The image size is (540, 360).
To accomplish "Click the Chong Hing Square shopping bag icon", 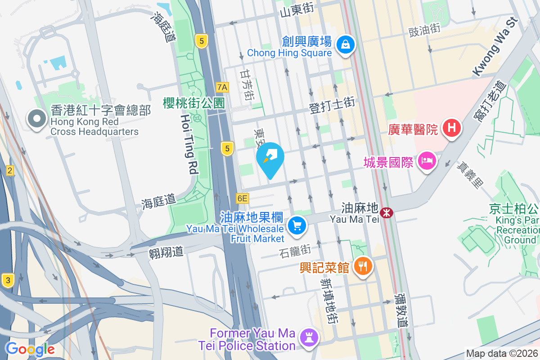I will pos(345,45).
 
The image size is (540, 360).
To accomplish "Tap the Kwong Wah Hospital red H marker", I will pos(452,128).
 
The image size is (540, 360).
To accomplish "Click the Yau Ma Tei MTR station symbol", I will pos(386,212).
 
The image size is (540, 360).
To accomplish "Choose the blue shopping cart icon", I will pos(297,225).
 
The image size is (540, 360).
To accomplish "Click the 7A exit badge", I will pos(222,87).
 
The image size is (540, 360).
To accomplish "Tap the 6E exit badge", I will pos(242,198).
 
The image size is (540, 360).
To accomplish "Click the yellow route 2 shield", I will pos(9,170).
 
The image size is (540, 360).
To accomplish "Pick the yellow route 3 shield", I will pos(7,280).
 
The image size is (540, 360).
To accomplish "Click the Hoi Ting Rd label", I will pos(189,144).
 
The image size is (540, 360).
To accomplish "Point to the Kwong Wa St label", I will pos(494,47).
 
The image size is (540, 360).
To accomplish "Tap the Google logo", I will pos(30,349).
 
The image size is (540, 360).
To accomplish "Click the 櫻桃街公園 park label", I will pos(194,103).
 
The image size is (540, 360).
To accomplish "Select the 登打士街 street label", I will pos(332,104).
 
